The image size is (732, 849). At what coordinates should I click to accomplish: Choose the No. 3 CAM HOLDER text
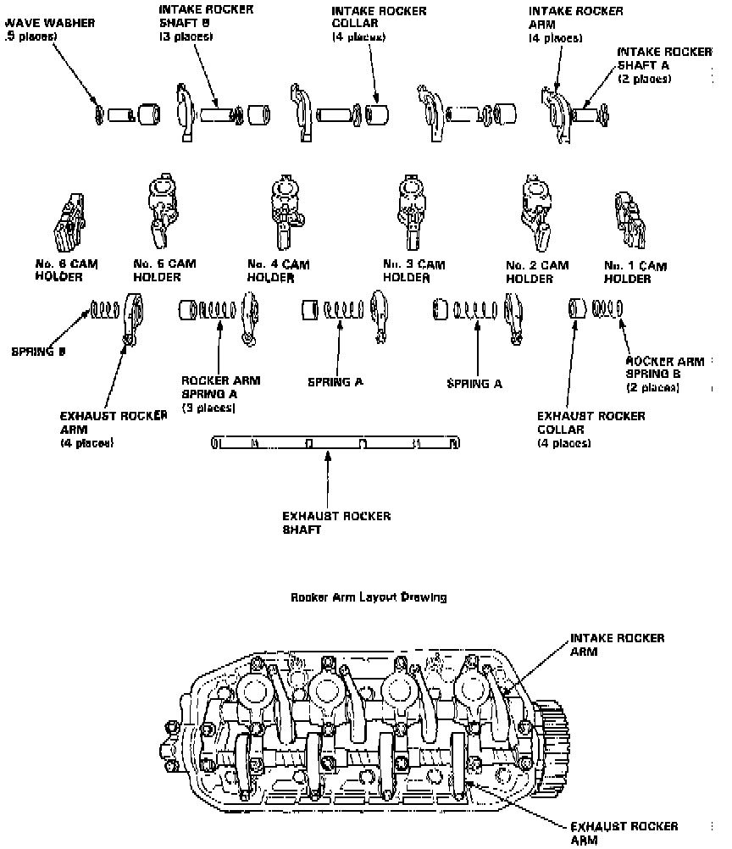tap(413, 271)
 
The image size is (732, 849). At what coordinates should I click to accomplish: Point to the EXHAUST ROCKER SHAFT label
tap(336, 522)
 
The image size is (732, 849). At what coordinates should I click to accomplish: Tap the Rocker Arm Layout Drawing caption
tap(368, 597)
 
